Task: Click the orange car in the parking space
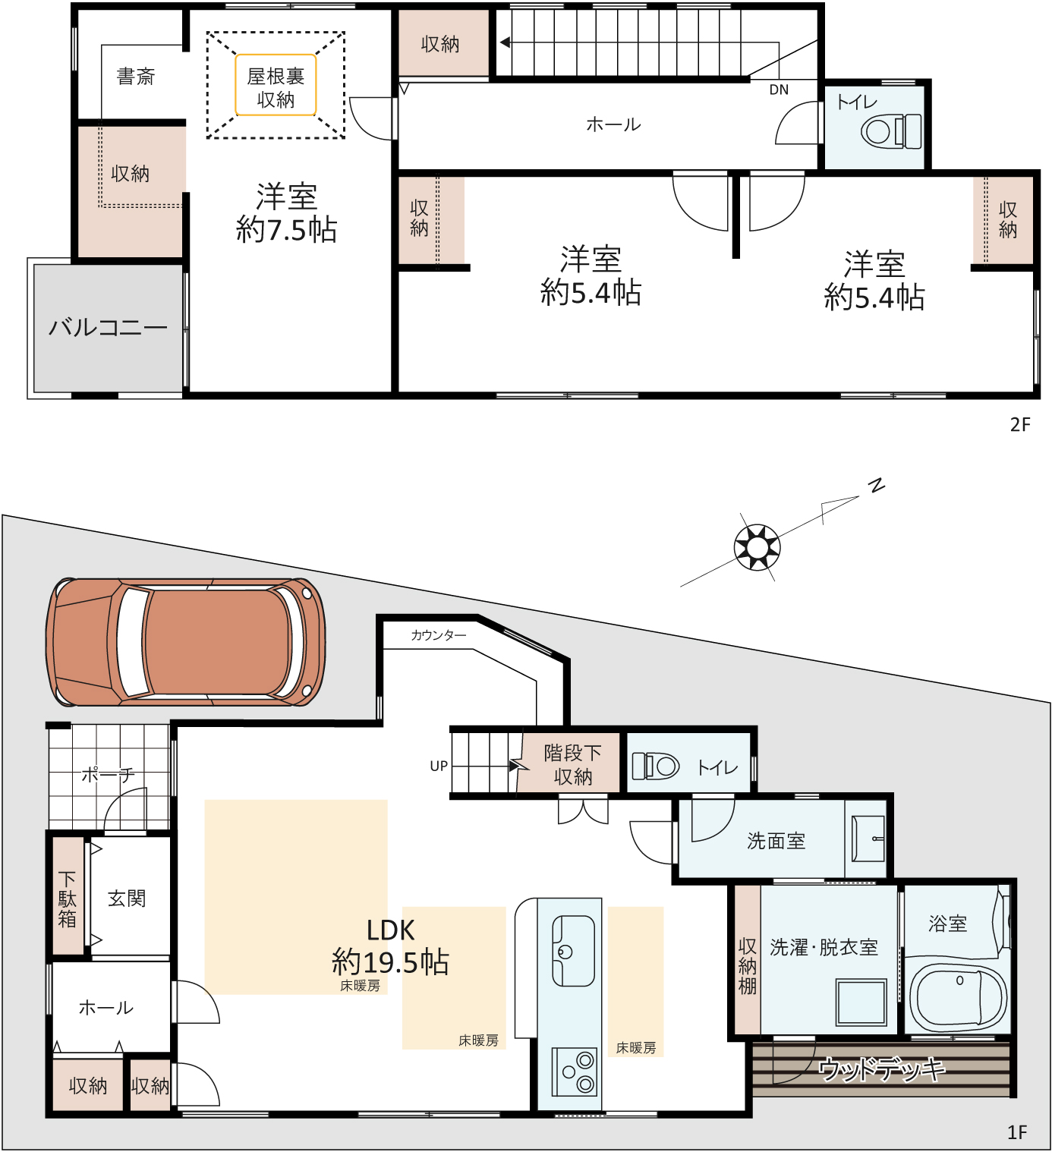click(185, 641)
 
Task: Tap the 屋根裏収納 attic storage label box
click(276, 85)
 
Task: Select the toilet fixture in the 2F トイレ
click(890, 131)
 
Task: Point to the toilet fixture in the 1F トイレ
click(656, 766)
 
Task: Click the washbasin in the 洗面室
click(868, 839)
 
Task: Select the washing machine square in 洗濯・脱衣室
click(861, 1002)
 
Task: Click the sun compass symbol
click(757, 547)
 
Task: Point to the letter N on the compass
click(876, 485)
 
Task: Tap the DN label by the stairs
click(779, 90)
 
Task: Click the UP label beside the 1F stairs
click(439, 766)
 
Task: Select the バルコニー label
click(108, 327)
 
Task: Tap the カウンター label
click(439, 635)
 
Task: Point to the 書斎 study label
click(136, 77)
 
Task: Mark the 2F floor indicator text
click(1020, 425)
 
